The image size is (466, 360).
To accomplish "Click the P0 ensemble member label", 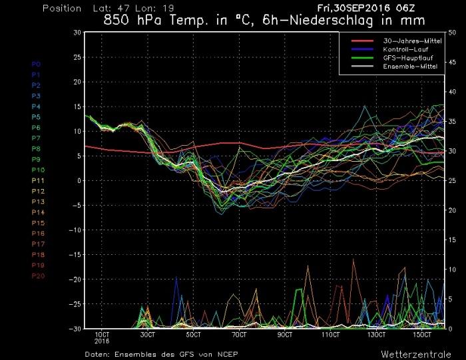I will pyautogui.click(x=36, y=64).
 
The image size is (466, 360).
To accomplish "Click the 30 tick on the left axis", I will pyautogui.click(x=77, y=32).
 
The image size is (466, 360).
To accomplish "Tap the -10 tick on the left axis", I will pyautogui.click(x=75, y=230).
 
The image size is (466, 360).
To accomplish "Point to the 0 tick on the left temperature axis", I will pyautogui.click(x=79, y=180).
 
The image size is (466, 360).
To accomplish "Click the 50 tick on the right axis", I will pyautogui.click(x=453, y=32).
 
